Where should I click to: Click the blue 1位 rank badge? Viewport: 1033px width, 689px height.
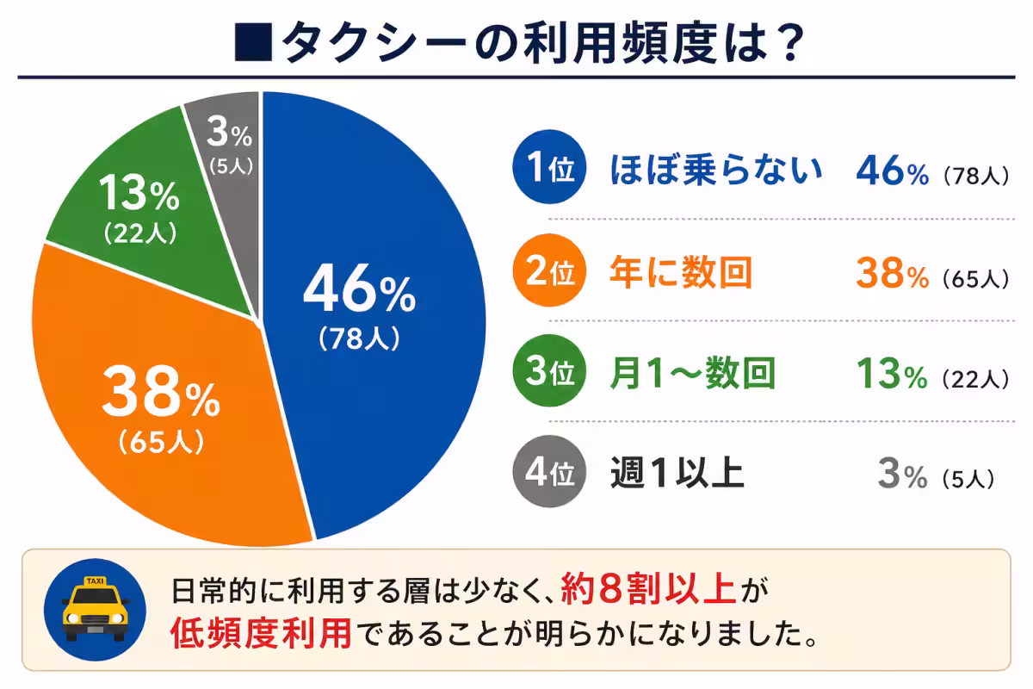547,171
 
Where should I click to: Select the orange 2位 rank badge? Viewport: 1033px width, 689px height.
547,272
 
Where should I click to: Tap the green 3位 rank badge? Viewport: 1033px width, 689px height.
547,374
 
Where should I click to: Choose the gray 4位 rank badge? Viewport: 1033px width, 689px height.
547,475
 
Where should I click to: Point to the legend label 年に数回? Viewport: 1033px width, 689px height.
680,272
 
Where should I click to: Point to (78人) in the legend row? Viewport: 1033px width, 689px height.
974,176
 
